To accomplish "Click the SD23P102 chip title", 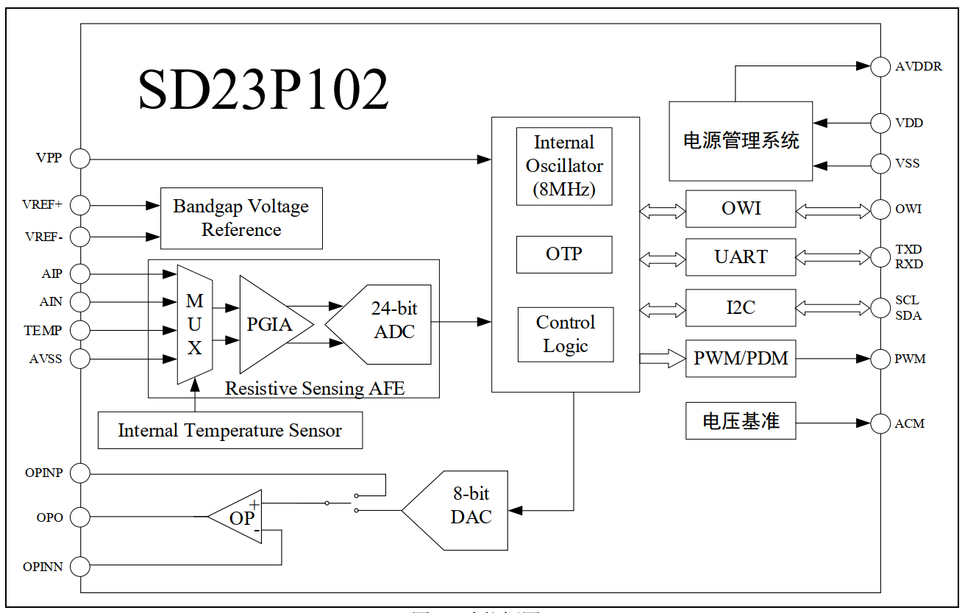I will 263,90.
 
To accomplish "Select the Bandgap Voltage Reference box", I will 241,218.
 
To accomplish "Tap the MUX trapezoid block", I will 194,324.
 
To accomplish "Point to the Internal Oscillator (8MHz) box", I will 564,166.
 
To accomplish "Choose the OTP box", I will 564,254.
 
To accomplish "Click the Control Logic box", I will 565,334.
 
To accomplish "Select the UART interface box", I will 741,257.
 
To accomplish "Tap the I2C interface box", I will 741,308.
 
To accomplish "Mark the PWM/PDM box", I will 741,359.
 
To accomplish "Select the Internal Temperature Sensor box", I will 230,431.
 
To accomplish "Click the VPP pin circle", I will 80,158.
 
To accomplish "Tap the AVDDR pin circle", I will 880,66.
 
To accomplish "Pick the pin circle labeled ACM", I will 880,423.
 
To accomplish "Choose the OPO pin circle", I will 80,517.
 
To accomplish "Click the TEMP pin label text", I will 43,331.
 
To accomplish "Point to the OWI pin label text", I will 908,209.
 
